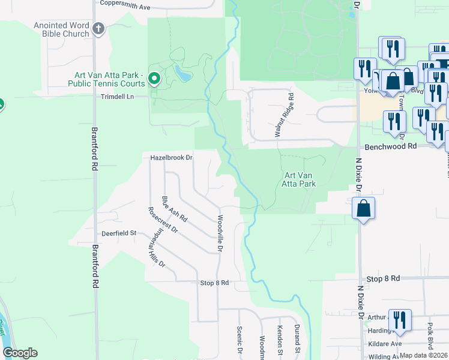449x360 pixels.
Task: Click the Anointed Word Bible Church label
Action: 61,29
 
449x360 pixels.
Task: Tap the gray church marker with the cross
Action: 99,28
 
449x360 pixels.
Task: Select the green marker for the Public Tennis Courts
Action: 154,78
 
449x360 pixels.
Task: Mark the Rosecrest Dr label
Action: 163,220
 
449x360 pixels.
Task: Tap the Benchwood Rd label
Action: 390,146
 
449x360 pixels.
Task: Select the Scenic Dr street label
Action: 239,340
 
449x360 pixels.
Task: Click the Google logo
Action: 20,353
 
